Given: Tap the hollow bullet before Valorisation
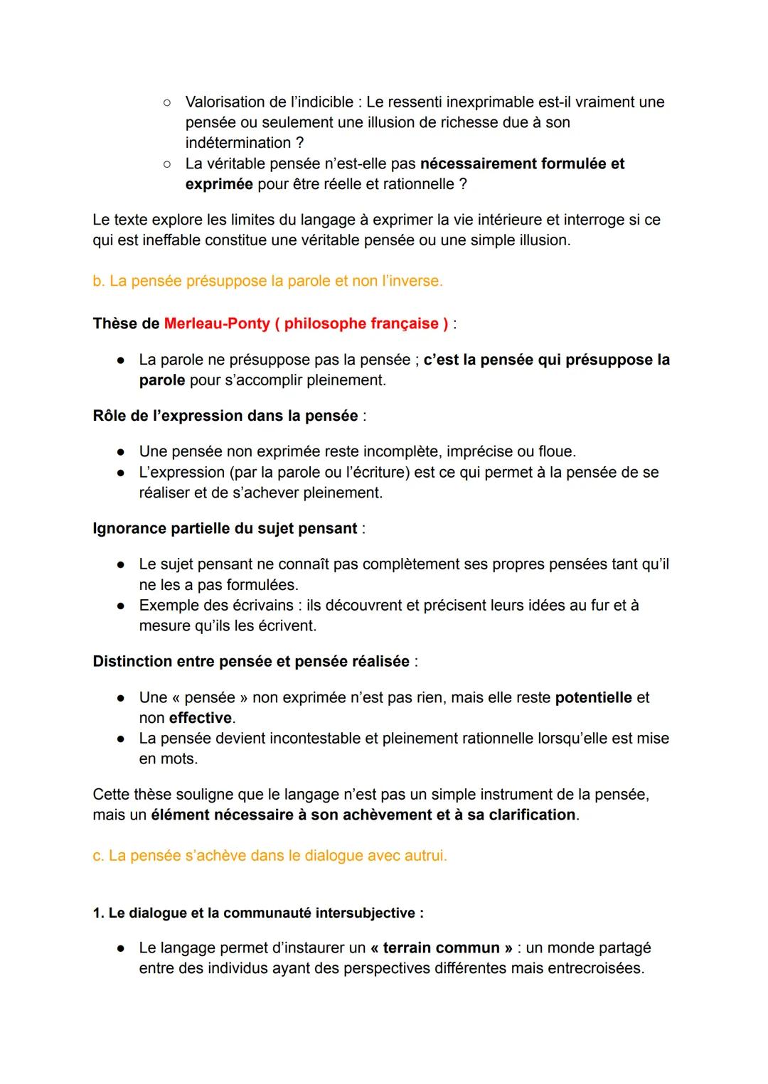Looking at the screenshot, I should point(166,102).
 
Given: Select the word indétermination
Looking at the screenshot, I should point(238,143).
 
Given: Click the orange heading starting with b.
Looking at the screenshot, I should point(267,281).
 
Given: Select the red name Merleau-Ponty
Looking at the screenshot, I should point(216,324).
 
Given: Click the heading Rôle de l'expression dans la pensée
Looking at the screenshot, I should point(225,417).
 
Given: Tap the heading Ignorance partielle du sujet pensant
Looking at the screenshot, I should point(225,529).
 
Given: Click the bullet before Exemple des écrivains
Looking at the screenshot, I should point(121,606).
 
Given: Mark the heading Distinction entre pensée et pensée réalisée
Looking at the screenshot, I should point(251,662).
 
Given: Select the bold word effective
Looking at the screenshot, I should point(201,719).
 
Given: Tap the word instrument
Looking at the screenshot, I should point(517,795).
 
